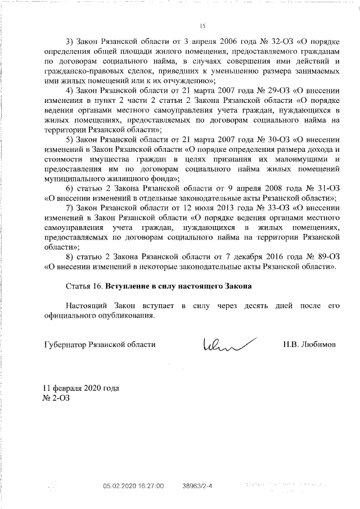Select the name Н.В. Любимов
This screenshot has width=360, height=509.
click(x=309, y=344)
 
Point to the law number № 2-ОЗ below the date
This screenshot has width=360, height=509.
click(x=55, y=398)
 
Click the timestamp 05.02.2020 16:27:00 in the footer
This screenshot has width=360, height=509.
click(x=133, y=484)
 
